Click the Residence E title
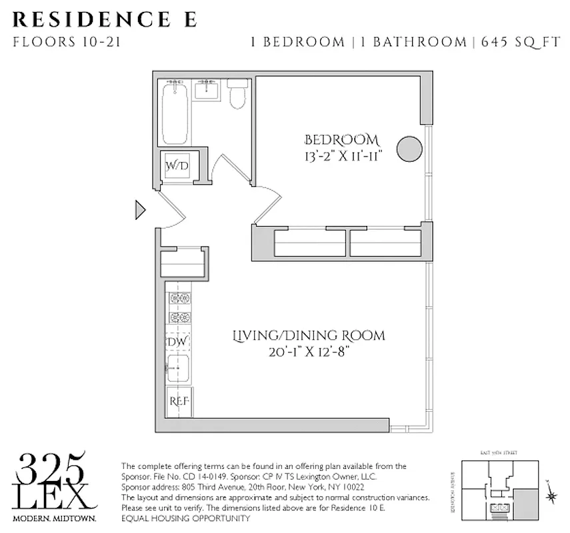[x=105, y=18]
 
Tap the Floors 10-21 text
[x=67, y=43]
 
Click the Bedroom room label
[x=341, y=141]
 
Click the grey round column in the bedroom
[x=409, y=149]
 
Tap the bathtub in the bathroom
[x=175, y=111]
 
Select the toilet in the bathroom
[x=237, y=95]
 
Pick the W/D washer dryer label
[x=177, y=165]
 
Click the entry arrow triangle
[x=140, y=210]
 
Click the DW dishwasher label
[x=177, y=342]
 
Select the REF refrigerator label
[x=179, y=402]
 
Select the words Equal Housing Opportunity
[x=185, y=518]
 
